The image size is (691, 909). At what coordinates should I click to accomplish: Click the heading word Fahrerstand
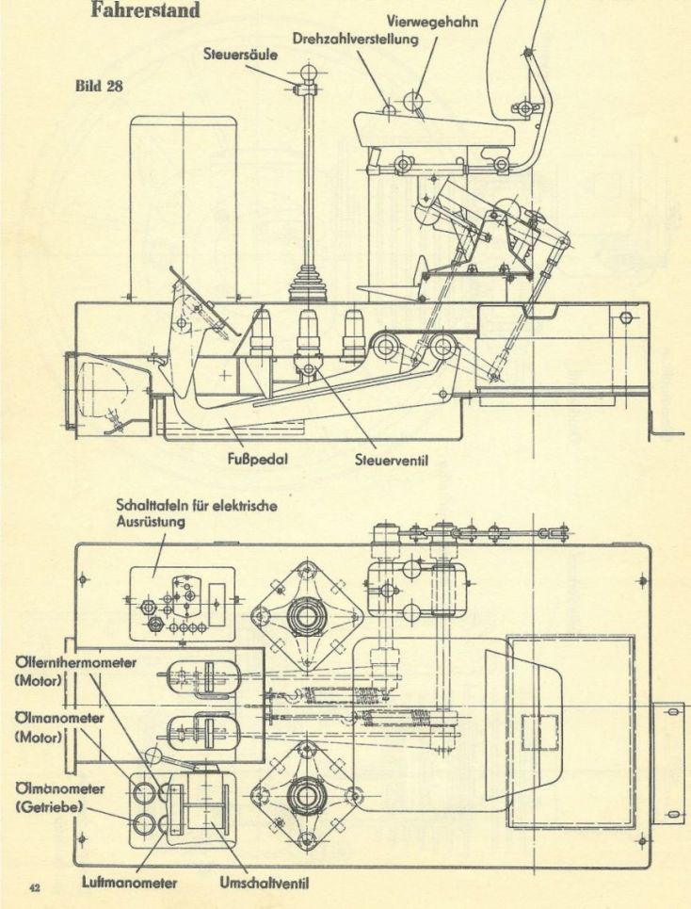click(145, 9)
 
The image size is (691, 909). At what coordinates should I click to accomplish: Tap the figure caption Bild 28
click(99, 86)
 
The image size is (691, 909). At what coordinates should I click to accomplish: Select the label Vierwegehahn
click(433, 22)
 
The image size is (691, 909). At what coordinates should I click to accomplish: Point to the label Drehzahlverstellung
click(355, 39)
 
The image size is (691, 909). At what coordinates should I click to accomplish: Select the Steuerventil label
click(392, 461)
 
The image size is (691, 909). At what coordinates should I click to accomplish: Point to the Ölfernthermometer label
click(76, 662)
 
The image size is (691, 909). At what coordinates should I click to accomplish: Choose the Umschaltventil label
click(265, 884)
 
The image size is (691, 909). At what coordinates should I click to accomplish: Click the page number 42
click(35, 887)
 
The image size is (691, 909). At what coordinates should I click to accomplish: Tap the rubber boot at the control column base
click(309, 284)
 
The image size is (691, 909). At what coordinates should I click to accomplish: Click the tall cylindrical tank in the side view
click(184, 207)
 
